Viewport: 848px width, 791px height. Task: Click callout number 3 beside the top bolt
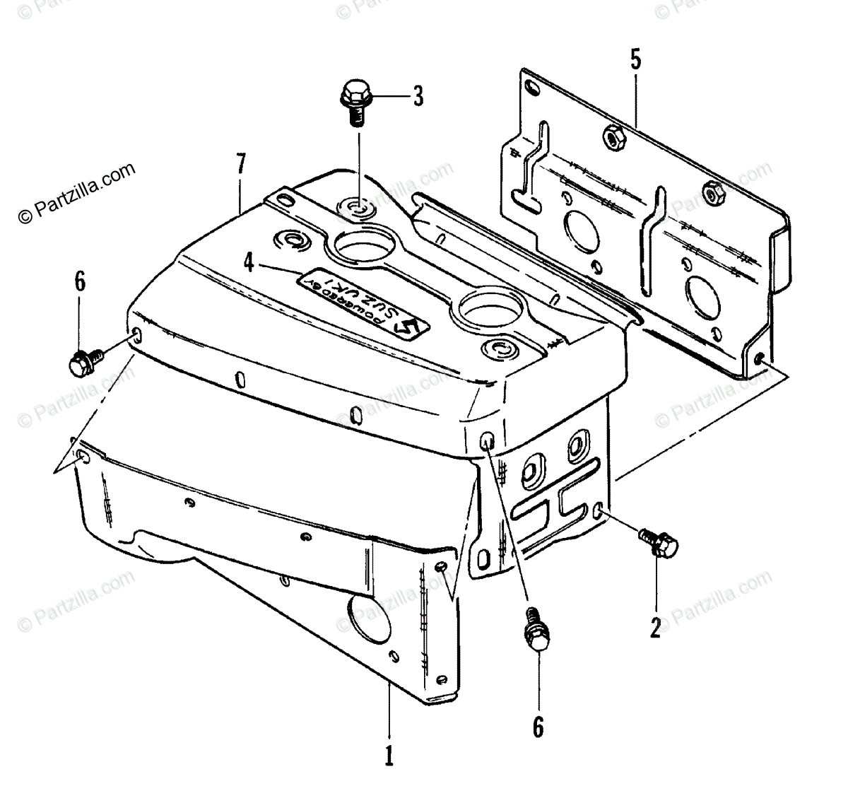point(418,95)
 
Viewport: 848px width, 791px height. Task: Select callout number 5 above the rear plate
point(635,59)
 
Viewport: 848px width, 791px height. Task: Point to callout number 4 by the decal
point(248,263)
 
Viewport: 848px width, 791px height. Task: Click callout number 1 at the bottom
point(388,756)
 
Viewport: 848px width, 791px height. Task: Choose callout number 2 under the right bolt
point(656,626)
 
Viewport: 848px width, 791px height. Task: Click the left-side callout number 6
point(79,282)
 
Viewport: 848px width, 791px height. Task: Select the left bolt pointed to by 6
point(82,361)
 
